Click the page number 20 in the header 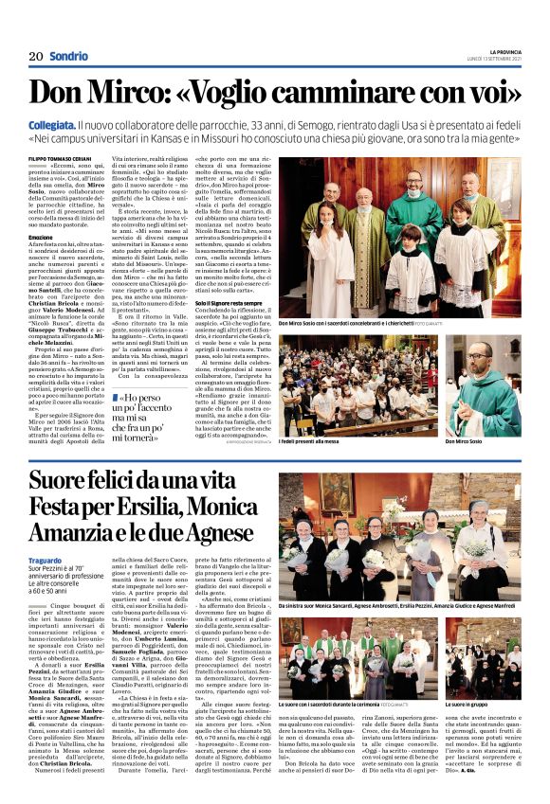pos(35,57)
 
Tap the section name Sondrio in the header pos(69,57)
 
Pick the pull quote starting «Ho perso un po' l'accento pos(151,418)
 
